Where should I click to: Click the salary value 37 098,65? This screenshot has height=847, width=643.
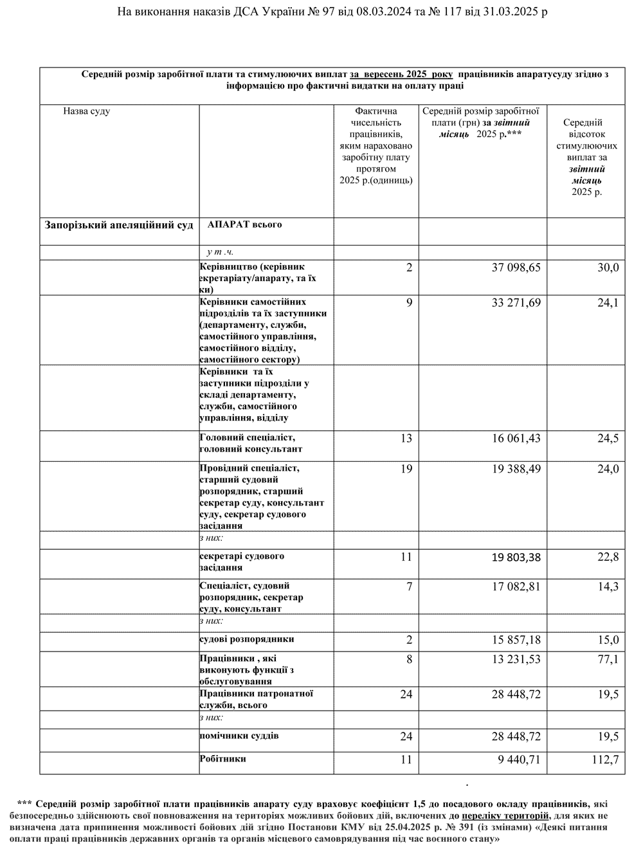[516, 268]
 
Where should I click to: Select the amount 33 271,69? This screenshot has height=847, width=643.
[516, 303]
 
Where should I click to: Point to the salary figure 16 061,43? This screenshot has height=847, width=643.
[516, 439]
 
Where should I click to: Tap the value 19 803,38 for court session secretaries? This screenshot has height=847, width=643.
[516, 557]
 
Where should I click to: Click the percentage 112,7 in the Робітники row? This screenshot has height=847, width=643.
[606, 760]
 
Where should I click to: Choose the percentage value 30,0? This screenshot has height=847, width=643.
[608, 268]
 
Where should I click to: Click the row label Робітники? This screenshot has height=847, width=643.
[223, 759]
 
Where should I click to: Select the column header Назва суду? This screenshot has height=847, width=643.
[87, 111]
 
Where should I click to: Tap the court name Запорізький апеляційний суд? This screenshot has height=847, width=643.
[119, 226]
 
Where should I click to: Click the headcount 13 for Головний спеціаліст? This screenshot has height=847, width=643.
[406, 439]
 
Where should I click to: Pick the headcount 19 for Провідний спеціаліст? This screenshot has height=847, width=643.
[406, 469]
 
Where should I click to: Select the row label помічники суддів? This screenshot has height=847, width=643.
[239, 735]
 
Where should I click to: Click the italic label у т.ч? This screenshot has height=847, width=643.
[220, 252]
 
